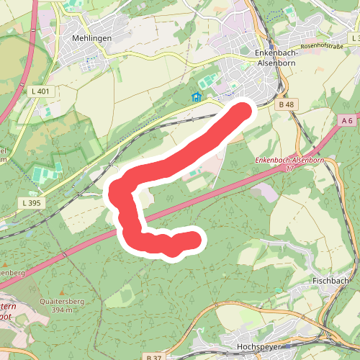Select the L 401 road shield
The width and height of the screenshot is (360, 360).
tap(42, 91)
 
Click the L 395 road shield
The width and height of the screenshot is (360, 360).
tap(32, 204)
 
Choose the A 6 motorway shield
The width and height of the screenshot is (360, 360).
tap(348, 120)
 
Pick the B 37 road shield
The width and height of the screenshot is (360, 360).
tap(153, 357)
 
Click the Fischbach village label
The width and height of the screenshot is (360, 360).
tap(331, 281)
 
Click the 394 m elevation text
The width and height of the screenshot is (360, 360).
tap(58, 310)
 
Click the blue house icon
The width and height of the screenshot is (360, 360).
tap(196, 96)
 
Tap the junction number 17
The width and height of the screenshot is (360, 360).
tap(290, 168)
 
